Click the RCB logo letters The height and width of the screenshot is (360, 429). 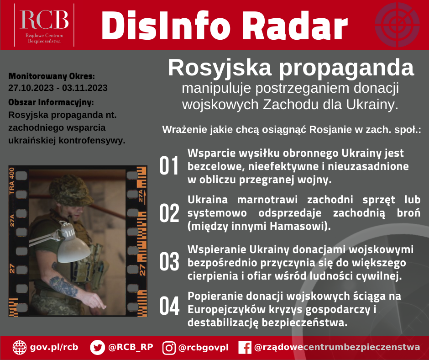[44, 19]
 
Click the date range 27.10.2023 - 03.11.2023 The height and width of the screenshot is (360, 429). [58, 88]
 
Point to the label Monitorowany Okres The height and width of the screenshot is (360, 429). [52, 75]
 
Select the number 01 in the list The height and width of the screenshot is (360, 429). [168, 166]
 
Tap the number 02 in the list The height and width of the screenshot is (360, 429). [168, 213]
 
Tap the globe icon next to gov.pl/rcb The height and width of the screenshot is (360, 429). [20, 347]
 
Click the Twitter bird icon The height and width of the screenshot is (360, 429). [97, 347]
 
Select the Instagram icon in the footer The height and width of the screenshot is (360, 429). [169, 348]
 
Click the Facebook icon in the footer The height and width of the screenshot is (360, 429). [245, 348]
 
